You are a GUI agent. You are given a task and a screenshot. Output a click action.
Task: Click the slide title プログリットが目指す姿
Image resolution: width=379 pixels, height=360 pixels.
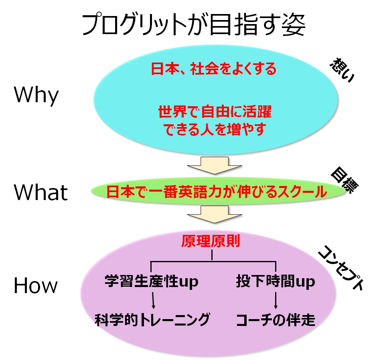coord(193,25)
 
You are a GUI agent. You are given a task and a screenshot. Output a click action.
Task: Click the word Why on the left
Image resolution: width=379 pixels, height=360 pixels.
coord(36,96)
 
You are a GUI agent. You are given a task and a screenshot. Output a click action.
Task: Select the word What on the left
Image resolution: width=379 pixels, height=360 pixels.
coord(41,192)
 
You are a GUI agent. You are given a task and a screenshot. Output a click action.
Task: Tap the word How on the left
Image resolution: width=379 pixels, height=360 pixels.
coord(36,286)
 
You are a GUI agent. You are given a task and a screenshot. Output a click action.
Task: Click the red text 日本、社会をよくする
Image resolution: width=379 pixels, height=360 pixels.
coord(213,69)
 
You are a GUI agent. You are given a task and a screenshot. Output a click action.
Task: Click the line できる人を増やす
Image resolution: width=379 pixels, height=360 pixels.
coord(215,129)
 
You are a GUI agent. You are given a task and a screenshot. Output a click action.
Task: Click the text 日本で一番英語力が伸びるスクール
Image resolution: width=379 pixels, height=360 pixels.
coord(217,192)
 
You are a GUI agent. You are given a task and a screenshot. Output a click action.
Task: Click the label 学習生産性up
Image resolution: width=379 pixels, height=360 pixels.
coord(151,282)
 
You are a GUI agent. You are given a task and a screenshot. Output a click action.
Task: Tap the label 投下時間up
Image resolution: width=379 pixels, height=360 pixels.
coord(275,282)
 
